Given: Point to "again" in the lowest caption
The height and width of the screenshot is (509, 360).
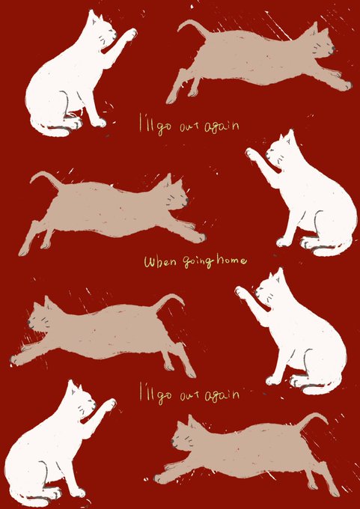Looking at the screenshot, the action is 222,394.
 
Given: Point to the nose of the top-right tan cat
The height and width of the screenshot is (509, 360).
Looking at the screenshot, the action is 333,49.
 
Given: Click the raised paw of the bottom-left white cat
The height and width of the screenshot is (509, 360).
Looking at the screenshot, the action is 109,404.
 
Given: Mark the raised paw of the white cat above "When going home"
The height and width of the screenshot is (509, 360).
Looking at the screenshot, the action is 252,153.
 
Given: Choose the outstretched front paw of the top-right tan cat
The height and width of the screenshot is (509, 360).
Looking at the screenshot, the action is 345,85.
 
